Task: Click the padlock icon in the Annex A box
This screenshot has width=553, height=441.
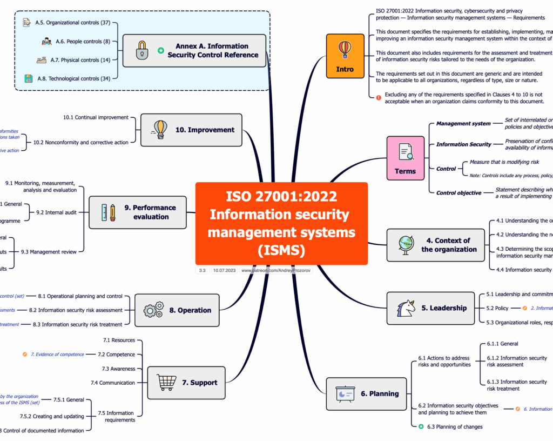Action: point(141,50)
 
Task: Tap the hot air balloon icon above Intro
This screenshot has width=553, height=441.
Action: point(345,50)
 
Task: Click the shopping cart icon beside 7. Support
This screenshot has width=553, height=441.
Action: point(166,382)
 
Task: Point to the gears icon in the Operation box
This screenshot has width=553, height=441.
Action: point(153,310)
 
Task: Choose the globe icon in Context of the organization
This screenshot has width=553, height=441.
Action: point(406,244)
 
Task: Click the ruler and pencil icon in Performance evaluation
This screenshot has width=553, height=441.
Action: point(108,212)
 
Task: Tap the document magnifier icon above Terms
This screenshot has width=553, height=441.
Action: point(406,152)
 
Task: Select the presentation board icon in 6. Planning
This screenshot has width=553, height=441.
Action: point(345,393)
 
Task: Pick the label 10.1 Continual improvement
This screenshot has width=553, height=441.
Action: point(96,117)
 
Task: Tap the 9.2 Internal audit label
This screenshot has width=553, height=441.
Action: point(56,212)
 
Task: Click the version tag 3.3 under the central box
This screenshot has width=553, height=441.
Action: point(202,270)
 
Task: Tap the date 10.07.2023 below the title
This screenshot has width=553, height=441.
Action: point(224,270)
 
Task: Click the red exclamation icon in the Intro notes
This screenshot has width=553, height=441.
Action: point(379,98)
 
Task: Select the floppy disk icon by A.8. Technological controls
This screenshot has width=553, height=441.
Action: point(29,78)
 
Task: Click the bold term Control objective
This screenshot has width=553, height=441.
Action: point(458,193)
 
